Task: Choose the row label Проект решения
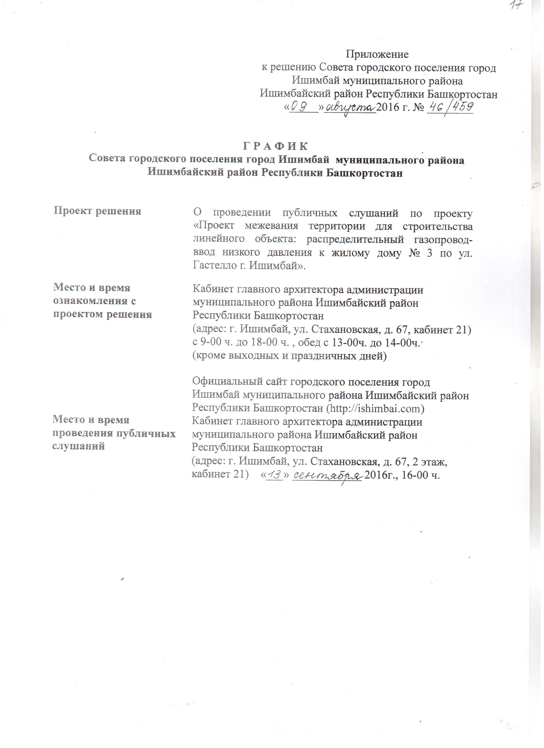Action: click(98, 211)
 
